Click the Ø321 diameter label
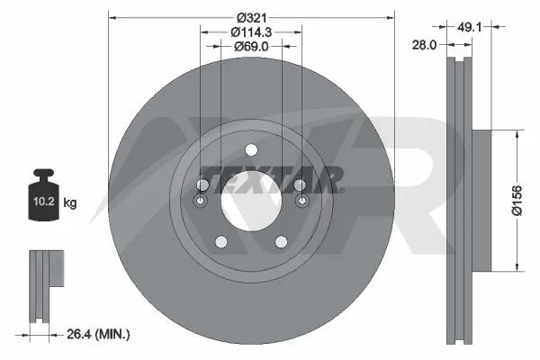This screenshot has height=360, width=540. pyautogui.click(x=252, y=18)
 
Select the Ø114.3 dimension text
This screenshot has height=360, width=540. pyautogui.click(x=251, y=32)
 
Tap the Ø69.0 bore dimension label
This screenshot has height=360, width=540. pyautogui.click(x=251, y=46)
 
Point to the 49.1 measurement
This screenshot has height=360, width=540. pyautogui.click(x=469, y=27)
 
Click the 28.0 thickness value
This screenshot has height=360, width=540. pyautogui.click(x=424, y=45)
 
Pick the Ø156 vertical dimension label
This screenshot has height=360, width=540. pyautogui.click(x=517, y=200)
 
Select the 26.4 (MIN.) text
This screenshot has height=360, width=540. pyautogui.click(x=98, y=334)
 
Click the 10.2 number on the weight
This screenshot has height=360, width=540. pyautogui.click(x=44, y=202)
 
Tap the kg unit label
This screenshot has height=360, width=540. pyautogui.click(x=70, y=202)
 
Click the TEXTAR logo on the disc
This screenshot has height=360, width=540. pyautogui.click(x=272, y=180)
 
